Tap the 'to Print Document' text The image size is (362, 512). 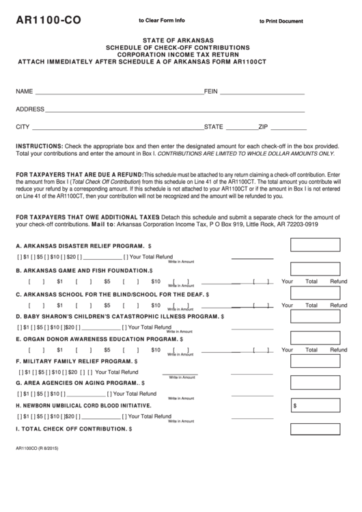[x=281, y=22]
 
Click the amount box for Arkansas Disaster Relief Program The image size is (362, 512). [x=315, y=245]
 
